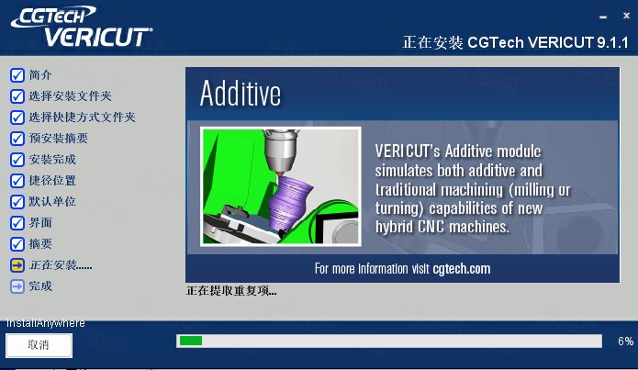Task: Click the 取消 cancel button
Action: (39, 345)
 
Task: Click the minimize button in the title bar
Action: (603, 17)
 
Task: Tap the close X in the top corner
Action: (626, 16)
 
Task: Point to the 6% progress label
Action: (625, 342)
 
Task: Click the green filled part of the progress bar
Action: (191, 341)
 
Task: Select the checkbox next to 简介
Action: (17, 75)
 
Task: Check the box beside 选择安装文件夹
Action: (17, 96)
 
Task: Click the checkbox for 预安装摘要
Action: (17, 139)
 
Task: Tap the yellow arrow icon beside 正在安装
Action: (17, 265)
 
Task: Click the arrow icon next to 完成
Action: (17, 286)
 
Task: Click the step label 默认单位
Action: (52, 201)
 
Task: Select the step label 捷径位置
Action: (52, 180)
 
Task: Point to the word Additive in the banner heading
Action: (241, 94)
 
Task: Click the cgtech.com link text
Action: (462, 269)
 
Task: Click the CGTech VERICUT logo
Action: (82, 27)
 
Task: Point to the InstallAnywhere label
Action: (46, 323)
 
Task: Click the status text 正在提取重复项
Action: (231, 291)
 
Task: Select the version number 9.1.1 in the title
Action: (613, 42)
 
